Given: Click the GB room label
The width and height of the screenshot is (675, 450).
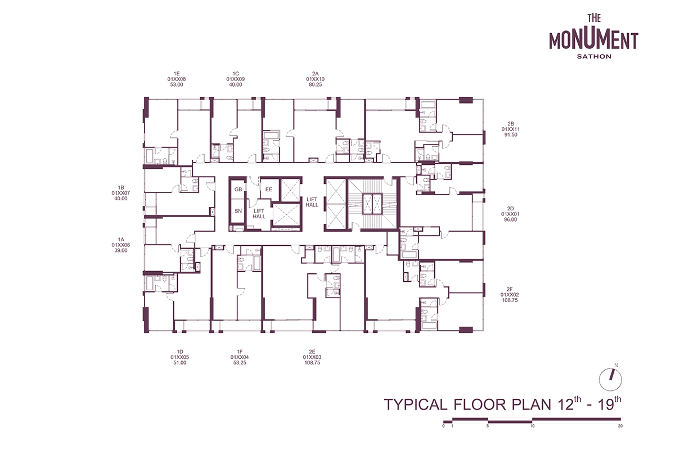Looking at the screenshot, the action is [x=238, y=190].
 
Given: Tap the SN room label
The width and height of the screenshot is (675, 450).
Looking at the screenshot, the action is [x=238, y=211].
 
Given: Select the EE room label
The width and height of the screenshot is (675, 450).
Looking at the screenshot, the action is [x=269, y=190].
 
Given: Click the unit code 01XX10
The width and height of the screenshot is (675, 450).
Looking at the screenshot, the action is [x=315, y=79].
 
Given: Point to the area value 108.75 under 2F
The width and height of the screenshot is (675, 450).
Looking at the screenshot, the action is [x=510, y=300].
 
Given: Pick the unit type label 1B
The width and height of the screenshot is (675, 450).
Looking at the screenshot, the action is [x=121, y=188].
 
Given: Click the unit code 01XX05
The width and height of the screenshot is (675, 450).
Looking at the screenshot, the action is [x=179, y=357].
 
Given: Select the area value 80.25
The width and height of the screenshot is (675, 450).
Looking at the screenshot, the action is [x=315, y=85].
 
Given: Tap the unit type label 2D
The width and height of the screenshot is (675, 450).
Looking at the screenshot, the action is [x=510, y=209].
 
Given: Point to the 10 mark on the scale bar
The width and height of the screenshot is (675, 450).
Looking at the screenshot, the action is [x=533, y=426].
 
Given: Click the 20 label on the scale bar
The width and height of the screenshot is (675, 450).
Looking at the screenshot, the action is [x=620, y=426].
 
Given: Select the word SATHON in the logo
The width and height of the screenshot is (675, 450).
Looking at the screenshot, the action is [x=594, y=56].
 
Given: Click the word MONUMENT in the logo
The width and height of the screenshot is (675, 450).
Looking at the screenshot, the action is [x=593, y=41].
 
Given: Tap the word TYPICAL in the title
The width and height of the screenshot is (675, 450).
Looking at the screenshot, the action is [x=416, y=404].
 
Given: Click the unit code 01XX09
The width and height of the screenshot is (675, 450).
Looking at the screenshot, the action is [x=235, y=79].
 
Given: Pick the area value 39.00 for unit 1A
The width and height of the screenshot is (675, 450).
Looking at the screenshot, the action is [x=121, y=250].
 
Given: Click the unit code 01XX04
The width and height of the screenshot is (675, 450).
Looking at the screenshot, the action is [x=240, y=357].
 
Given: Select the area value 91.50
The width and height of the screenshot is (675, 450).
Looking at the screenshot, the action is [x=511, y=135].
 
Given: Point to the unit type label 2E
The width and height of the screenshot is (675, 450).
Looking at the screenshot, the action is [x=312, y=352].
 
